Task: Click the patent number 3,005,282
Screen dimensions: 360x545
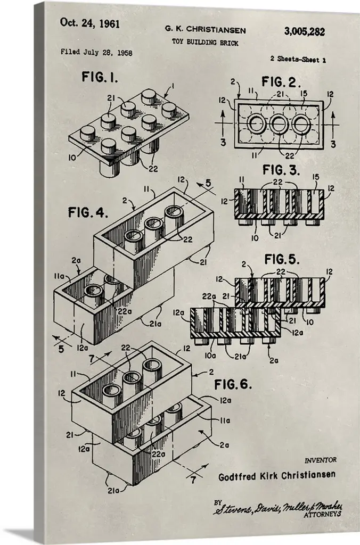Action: click(304, 32)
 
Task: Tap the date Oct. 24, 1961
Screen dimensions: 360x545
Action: click(90, 23)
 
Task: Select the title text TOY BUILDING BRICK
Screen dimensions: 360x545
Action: click(205, 43)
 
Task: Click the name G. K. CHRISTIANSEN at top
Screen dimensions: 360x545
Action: click(205, 30)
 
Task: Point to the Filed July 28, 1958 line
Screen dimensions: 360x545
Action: click(96, 53)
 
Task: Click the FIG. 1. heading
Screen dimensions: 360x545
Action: click(100, 77)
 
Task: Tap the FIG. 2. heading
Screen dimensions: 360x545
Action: click(281, 82)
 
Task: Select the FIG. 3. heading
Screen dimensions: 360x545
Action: click(281, 170)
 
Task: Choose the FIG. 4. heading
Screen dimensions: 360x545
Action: click(88, 212)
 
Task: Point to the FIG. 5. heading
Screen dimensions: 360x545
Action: click(282, 259)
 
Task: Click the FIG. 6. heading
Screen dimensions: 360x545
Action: click(233, 384)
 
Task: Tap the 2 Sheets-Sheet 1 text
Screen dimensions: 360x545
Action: click(298, 59)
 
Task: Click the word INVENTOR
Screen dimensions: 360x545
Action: click(321, 460)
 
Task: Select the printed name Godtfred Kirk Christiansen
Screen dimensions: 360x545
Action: click(277, 475)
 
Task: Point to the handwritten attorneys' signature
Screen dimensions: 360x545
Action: click(277, 508)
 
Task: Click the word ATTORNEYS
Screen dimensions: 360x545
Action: click(322, 515)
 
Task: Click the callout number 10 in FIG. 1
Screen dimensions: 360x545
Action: click(72, 158)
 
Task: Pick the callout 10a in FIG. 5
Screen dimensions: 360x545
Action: click(210, 356)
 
